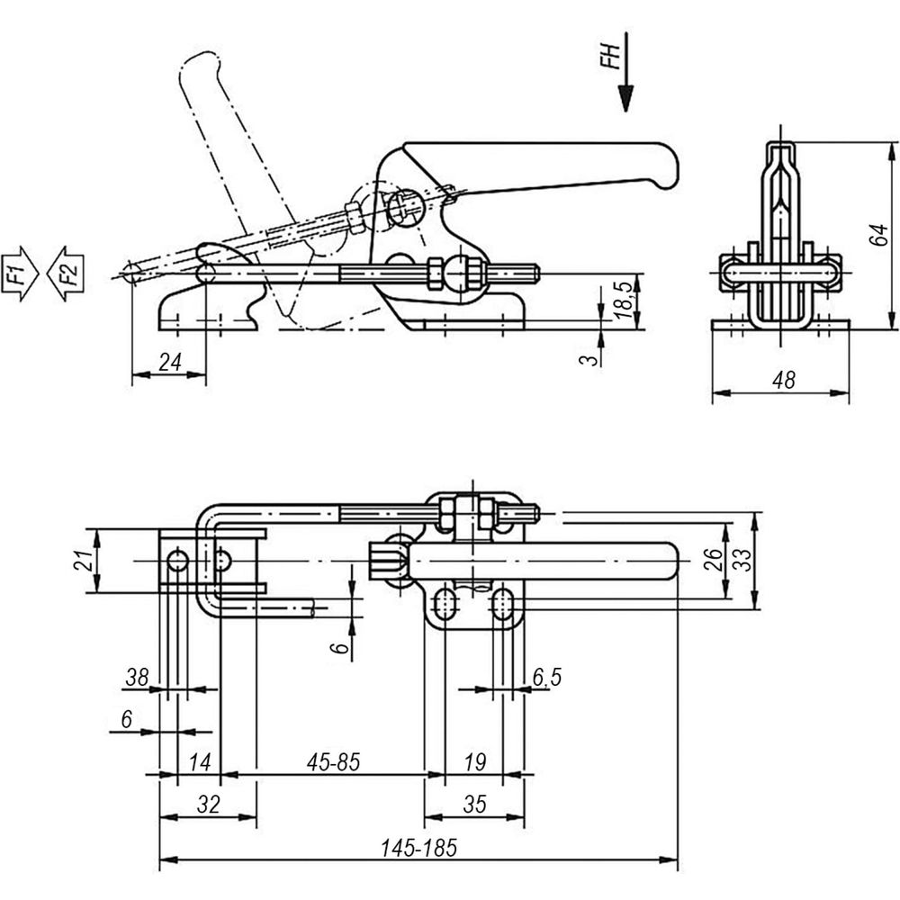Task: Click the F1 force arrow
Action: point(20,273)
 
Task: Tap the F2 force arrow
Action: point(65,273)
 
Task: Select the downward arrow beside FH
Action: point(625,72)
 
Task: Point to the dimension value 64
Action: point(878,235)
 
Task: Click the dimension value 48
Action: point(784,380)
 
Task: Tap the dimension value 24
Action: point(170,362)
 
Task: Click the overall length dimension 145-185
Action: point(419,847)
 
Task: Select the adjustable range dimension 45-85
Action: point(333,762)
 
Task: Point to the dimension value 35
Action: point(474,804)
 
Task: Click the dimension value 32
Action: point(209,804)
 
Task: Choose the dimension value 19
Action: point(474,762)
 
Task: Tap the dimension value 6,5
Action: point(546,678)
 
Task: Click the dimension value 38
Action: point(137,678)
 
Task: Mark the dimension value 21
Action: point(84,560)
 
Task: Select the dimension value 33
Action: point(742,560)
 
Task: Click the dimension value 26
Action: point(712,560)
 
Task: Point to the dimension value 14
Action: point(200,762)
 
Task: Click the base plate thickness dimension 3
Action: point(589,360)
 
